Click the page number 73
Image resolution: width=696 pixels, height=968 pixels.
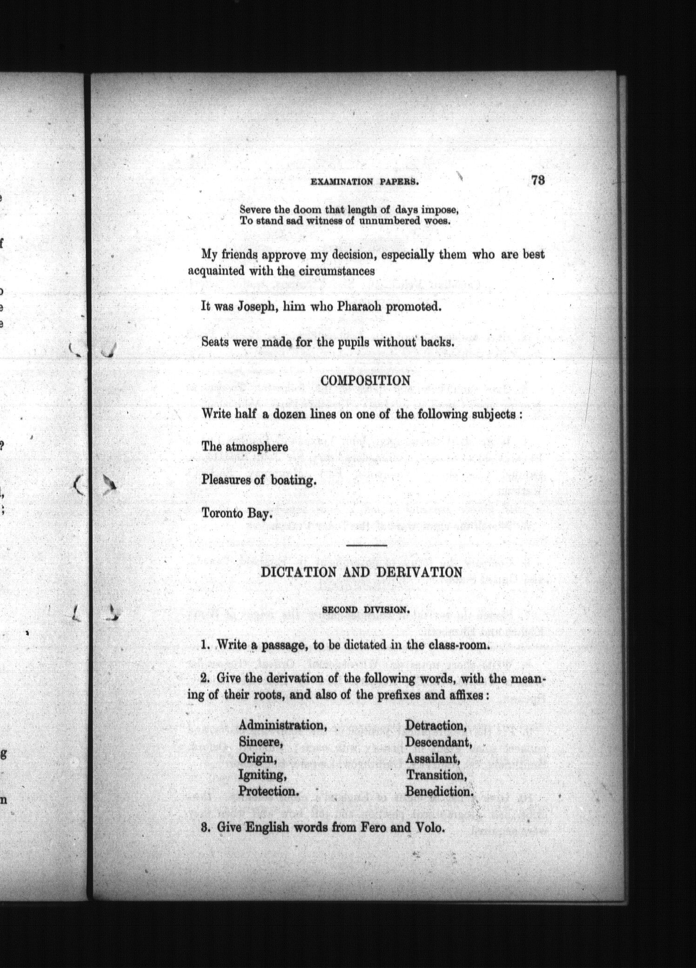(537, 181)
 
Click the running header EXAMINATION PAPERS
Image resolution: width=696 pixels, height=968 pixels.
(365, 182)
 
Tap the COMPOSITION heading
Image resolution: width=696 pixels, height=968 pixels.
(366, 380)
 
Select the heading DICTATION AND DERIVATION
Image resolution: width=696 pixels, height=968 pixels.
(361, 572)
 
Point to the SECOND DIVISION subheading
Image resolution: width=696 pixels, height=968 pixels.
(366, 610)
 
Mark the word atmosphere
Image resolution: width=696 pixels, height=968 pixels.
(257, 447)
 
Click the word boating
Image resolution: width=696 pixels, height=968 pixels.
(293, 480)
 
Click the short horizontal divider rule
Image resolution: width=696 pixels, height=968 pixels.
(367, 545)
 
